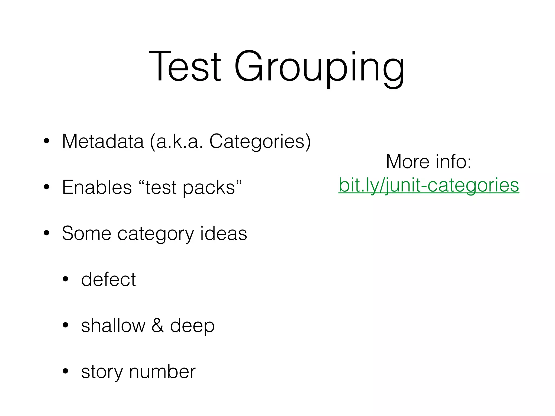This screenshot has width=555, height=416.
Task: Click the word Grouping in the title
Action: click(319, 68)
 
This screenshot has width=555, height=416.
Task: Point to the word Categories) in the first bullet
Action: click(260, 142)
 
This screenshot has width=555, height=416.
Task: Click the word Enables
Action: click(97, 187)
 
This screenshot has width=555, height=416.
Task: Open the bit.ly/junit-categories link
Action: click(429, 185)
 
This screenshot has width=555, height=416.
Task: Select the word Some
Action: click(86, 233)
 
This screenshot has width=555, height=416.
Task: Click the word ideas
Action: click(224, 233)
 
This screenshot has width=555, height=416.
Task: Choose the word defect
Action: click(108, 279)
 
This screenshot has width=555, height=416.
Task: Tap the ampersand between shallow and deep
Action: click(157, 325)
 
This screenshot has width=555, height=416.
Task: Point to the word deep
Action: click(192, 326)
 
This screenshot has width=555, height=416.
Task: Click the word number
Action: click(162, 371)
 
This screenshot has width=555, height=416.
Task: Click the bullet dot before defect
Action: click(66, 279)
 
